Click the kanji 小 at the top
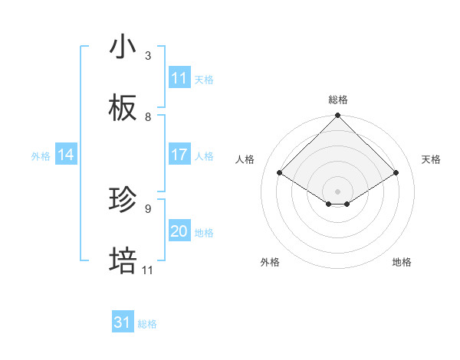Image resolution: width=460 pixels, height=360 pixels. [x=123, y=47]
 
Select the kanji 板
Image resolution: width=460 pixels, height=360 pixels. [x=123, y=109]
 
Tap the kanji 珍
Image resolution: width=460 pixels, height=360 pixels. [x=123, y=201]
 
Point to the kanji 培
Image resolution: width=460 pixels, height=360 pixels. [x=123, y=261]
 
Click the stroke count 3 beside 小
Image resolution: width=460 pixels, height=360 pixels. [x=148, y=56]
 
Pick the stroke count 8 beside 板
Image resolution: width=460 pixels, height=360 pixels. [x=148, y=117]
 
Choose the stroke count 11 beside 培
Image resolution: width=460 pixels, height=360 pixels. [x=148, y=270]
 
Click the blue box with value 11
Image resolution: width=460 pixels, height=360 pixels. [x=179, y=78]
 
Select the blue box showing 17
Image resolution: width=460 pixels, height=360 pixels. [x=179, y=155]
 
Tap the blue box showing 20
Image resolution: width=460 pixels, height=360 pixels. [x=179, y=231]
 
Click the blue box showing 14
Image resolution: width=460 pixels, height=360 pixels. [x=66, y=155]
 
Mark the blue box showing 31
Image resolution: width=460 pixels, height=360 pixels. [x=123, y=322]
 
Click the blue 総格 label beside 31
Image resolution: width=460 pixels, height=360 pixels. [x=147, y=324]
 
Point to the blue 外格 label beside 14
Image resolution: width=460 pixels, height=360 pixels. [x=41, y=156]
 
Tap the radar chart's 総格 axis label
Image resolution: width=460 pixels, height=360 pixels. [x=338, y=100]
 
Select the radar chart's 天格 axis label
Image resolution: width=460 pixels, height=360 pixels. [x=432, y=159]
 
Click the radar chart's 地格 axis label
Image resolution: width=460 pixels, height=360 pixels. [x=402, y=262]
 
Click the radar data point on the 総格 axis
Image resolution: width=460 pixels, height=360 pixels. [x=338, y=116]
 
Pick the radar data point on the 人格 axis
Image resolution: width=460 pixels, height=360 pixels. [x=280, y=172]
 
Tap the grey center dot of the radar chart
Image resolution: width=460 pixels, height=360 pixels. [x=338, y=191]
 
